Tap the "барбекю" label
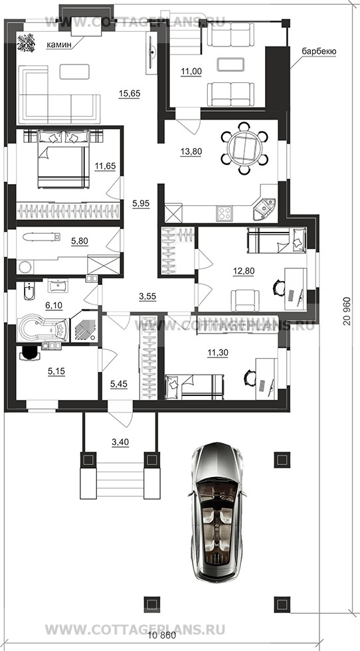(x=318, y=52)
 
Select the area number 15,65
(x=130, y=94)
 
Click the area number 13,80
(x=191, y=151)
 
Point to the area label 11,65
(x=105, y=167)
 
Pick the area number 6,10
(x=54, y=306)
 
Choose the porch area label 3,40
(x=120, y=442)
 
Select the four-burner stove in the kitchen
(x=225, y=214)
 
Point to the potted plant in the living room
(x=26, y=43)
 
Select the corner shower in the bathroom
(x=84, y=327)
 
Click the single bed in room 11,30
(x=195, y=385)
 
